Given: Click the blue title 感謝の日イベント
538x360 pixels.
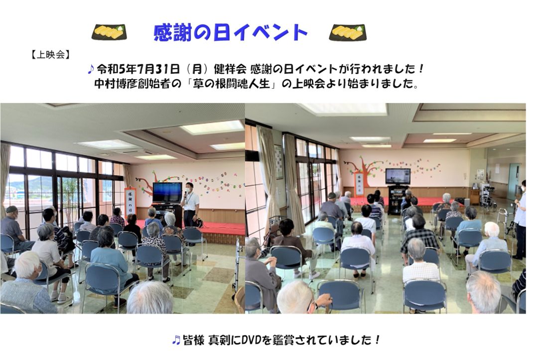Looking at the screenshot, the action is (230, 33).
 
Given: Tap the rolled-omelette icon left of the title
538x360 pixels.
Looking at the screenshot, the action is (109, 32).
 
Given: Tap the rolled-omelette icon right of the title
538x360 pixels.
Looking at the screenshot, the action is (348, 32).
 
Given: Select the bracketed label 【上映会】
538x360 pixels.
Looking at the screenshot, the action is (50, 54).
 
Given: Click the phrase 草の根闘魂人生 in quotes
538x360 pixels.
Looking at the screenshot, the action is (231, 84).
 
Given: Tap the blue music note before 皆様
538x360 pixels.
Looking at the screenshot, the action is (176, 340).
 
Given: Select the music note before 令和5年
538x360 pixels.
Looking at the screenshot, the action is (91, 69).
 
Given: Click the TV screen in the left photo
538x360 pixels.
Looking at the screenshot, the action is (167, 192).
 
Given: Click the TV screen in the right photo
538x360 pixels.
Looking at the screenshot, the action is (398, 176).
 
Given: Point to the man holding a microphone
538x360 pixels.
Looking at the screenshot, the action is (191, 205).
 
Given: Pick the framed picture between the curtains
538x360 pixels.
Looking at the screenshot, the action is (278, 162).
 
